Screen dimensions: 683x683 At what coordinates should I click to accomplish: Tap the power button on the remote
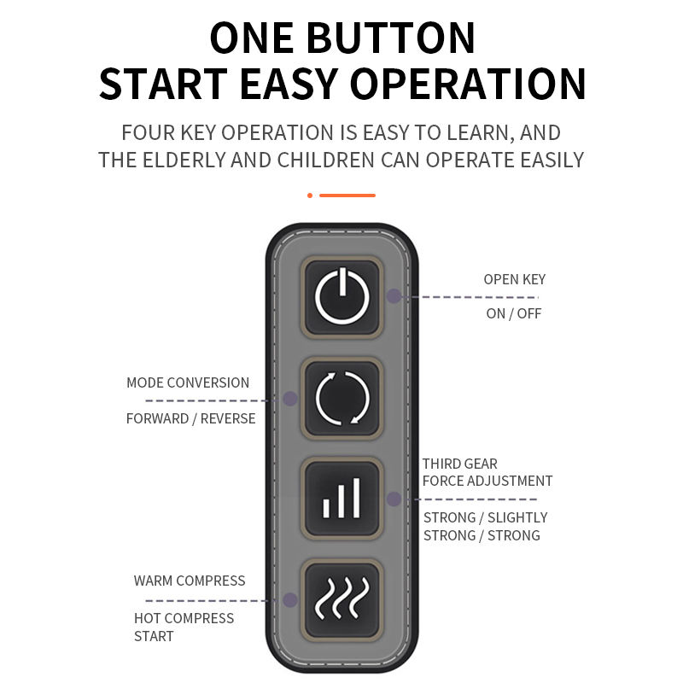click(342, 297)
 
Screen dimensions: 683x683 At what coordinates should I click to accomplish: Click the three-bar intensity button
click(342, 499)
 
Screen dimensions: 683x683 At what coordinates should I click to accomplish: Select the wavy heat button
click(342, 600)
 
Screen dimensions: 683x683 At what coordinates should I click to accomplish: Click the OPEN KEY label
click(515, 279)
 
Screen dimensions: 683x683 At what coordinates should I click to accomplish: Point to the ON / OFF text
click(514, 313)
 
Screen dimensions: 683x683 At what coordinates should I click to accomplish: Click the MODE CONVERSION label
click(188, 382)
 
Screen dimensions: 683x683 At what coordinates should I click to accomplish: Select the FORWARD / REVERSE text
click(190, 418)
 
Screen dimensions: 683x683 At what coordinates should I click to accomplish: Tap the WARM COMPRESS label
click(190, 581)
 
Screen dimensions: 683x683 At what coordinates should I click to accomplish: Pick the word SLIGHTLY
click(517, 517)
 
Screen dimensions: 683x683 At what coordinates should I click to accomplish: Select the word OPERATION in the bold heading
click(467, 84)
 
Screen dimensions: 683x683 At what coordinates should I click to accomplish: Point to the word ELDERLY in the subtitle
click(184, 161)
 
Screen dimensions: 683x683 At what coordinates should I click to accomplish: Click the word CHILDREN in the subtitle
click(325, 161)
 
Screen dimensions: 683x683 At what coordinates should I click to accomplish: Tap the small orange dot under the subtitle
click(310, 196)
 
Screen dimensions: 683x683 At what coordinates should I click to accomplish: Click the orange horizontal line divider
click(347, 196)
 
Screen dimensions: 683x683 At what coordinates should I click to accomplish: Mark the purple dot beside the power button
click(394, 296)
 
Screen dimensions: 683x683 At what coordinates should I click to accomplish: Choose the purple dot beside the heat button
click(290, 600)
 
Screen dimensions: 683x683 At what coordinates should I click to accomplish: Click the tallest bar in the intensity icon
click(357, 498)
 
